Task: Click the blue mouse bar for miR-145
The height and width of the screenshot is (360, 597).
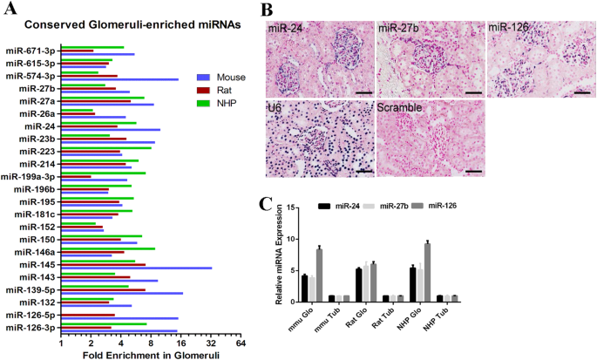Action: coord(135,268)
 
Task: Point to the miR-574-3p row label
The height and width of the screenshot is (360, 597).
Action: coord(31,75)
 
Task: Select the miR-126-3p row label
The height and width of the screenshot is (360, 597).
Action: coord(31,328)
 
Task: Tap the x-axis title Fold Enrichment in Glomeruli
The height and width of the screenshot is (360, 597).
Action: coord(137,356)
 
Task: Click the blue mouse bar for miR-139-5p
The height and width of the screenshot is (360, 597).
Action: coord(121,293)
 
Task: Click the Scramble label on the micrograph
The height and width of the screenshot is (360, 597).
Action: coord(399,108)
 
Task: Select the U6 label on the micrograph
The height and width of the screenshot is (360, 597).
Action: coord(276,108)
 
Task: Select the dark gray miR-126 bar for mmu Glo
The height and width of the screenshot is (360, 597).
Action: coord(319,275)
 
